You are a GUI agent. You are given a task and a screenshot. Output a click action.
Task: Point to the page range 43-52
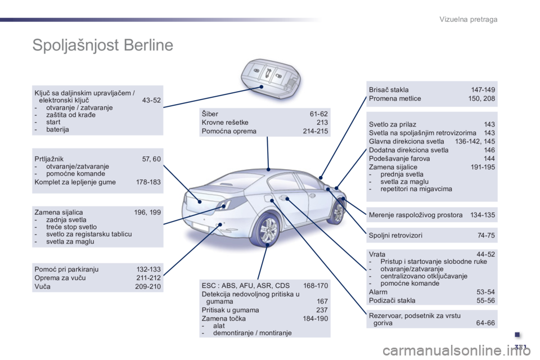tap(151, 100)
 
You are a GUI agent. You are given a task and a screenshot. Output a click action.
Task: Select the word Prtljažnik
tap(49, 159)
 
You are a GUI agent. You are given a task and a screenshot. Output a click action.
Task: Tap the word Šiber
tap(210, 114)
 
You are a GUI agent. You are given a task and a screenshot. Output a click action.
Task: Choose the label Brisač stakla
tap(389, 89)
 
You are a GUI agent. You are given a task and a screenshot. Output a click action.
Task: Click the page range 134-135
tap(483, 215)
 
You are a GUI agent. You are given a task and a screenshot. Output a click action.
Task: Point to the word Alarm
tap(378, 292)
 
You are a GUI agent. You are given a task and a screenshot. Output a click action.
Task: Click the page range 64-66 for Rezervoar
tap(485, 323)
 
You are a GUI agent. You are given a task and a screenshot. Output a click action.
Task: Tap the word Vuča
tap(42, 286)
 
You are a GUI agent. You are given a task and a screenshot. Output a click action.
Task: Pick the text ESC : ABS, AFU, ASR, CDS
tap(246, 286)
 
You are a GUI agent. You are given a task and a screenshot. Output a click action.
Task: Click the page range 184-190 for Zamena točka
tap(316, 319)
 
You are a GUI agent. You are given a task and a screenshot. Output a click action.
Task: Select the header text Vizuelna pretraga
tap(469, 19)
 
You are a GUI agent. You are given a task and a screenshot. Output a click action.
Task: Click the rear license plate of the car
tap(202, 227)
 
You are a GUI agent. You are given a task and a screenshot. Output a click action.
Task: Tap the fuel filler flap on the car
tap(267, 199)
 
